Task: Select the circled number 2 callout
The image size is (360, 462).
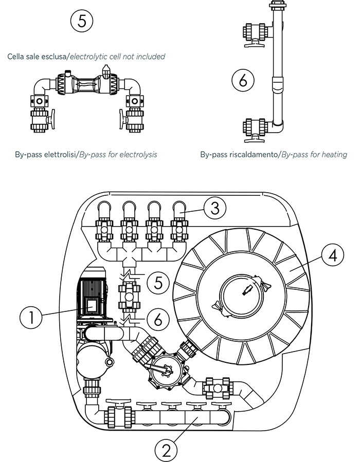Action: pos(166,450)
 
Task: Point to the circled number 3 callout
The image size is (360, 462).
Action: pos(214,208)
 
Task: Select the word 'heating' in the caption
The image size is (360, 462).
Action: pos(332,154)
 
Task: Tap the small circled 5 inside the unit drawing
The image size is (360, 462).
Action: pos(158,282)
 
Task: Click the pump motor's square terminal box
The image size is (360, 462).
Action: pos(92,306)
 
